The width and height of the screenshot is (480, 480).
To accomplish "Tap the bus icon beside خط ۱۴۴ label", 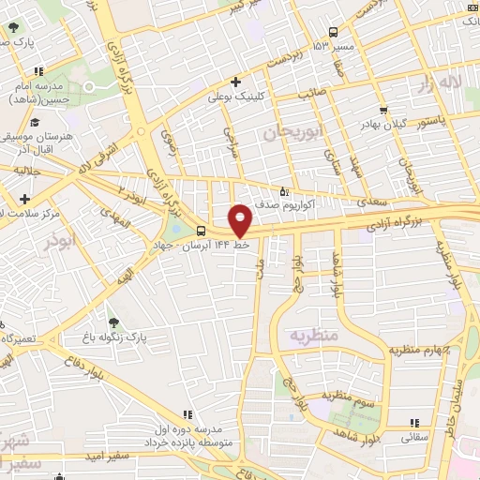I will tap(202, 232).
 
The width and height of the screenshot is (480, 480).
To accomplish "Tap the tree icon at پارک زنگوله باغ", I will tap(113, 322).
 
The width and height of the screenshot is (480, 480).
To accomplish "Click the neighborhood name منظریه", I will tap(311, 335).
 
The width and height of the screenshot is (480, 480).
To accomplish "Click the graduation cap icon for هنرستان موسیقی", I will tap(35, 122).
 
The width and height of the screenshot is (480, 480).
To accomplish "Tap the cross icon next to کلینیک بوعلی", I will tap(235, 82).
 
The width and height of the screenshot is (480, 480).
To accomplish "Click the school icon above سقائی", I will tap(414, 423).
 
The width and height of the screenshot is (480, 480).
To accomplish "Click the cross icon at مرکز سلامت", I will tap(24, 199).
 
